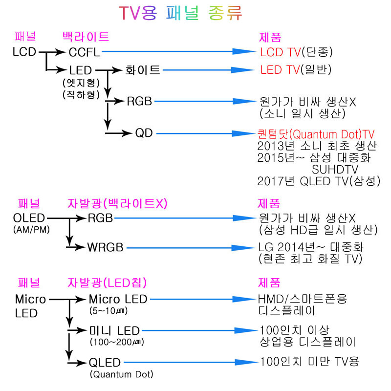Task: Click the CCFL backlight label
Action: click(84, 52)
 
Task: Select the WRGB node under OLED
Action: click(105, 247)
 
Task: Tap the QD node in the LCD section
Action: click(144, 133)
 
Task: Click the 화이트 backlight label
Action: click(143, 70)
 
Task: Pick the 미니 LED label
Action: click(114, 331)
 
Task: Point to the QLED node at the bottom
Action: click(105, 363)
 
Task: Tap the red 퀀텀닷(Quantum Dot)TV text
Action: click(316, 134)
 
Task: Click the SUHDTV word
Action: click(335, 170)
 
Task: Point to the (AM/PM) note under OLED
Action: click(31, 229)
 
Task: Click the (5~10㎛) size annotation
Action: click(109, 311)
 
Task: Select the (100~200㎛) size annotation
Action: click(117, 342)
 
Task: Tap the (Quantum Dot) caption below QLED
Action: click(121, 374)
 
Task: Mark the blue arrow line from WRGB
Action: click(191, 248)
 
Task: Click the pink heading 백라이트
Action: click(86, 37)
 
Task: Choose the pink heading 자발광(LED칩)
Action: click(107, 283)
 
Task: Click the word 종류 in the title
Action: click(225, 13)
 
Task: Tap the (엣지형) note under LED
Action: click(81, 83)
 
